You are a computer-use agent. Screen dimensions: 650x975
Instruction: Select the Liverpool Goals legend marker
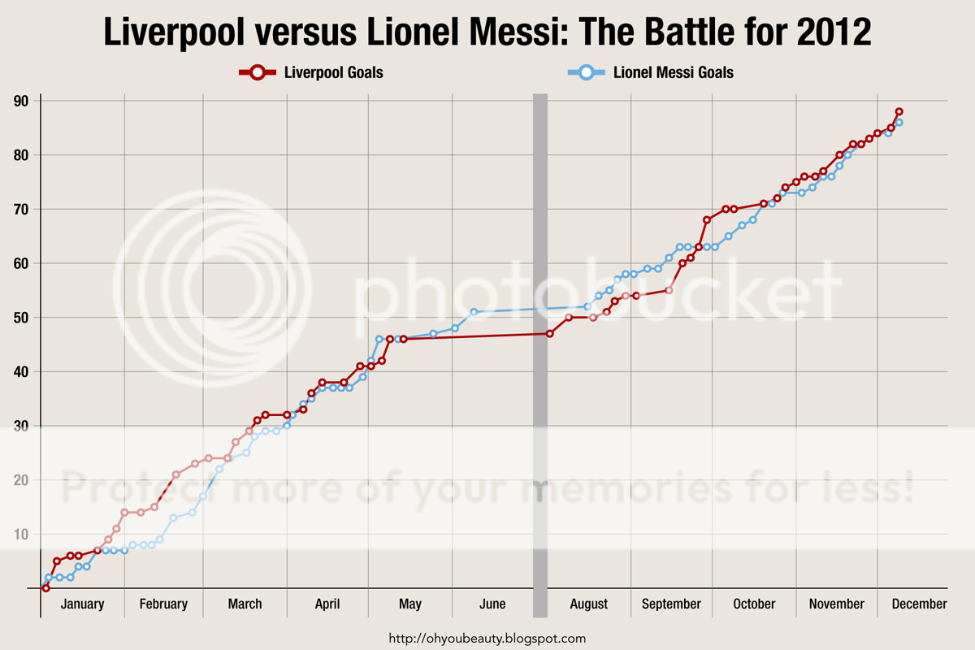257,72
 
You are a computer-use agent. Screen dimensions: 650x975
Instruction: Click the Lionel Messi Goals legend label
674,72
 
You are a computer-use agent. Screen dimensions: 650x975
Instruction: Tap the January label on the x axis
82,604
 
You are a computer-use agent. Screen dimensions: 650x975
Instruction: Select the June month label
492,604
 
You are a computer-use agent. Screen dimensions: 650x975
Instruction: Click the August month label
589,604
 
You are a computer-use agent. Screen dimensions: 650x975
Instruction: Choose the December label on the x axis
918,604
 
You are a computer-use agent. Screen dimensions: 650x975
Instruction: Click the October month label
754,604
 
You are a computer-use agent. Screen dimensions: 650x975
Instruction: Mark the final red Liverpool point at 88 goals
899,112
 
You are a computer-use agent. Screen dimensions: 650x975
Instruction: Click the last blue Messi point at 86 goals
899,123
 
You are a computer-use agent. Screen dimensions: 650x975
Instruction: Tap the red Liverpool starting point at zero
45,587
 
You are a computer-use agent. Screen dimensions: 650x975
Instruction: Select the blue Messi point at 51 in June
474,312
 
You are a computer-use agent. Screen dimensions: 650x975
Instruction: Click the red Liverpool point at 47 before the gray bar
550,333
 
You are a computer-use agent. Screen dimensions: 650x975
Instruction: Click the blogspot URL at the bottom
487,639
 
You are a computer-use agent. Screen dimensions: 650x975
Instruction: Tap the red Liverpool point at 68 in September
707,219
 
